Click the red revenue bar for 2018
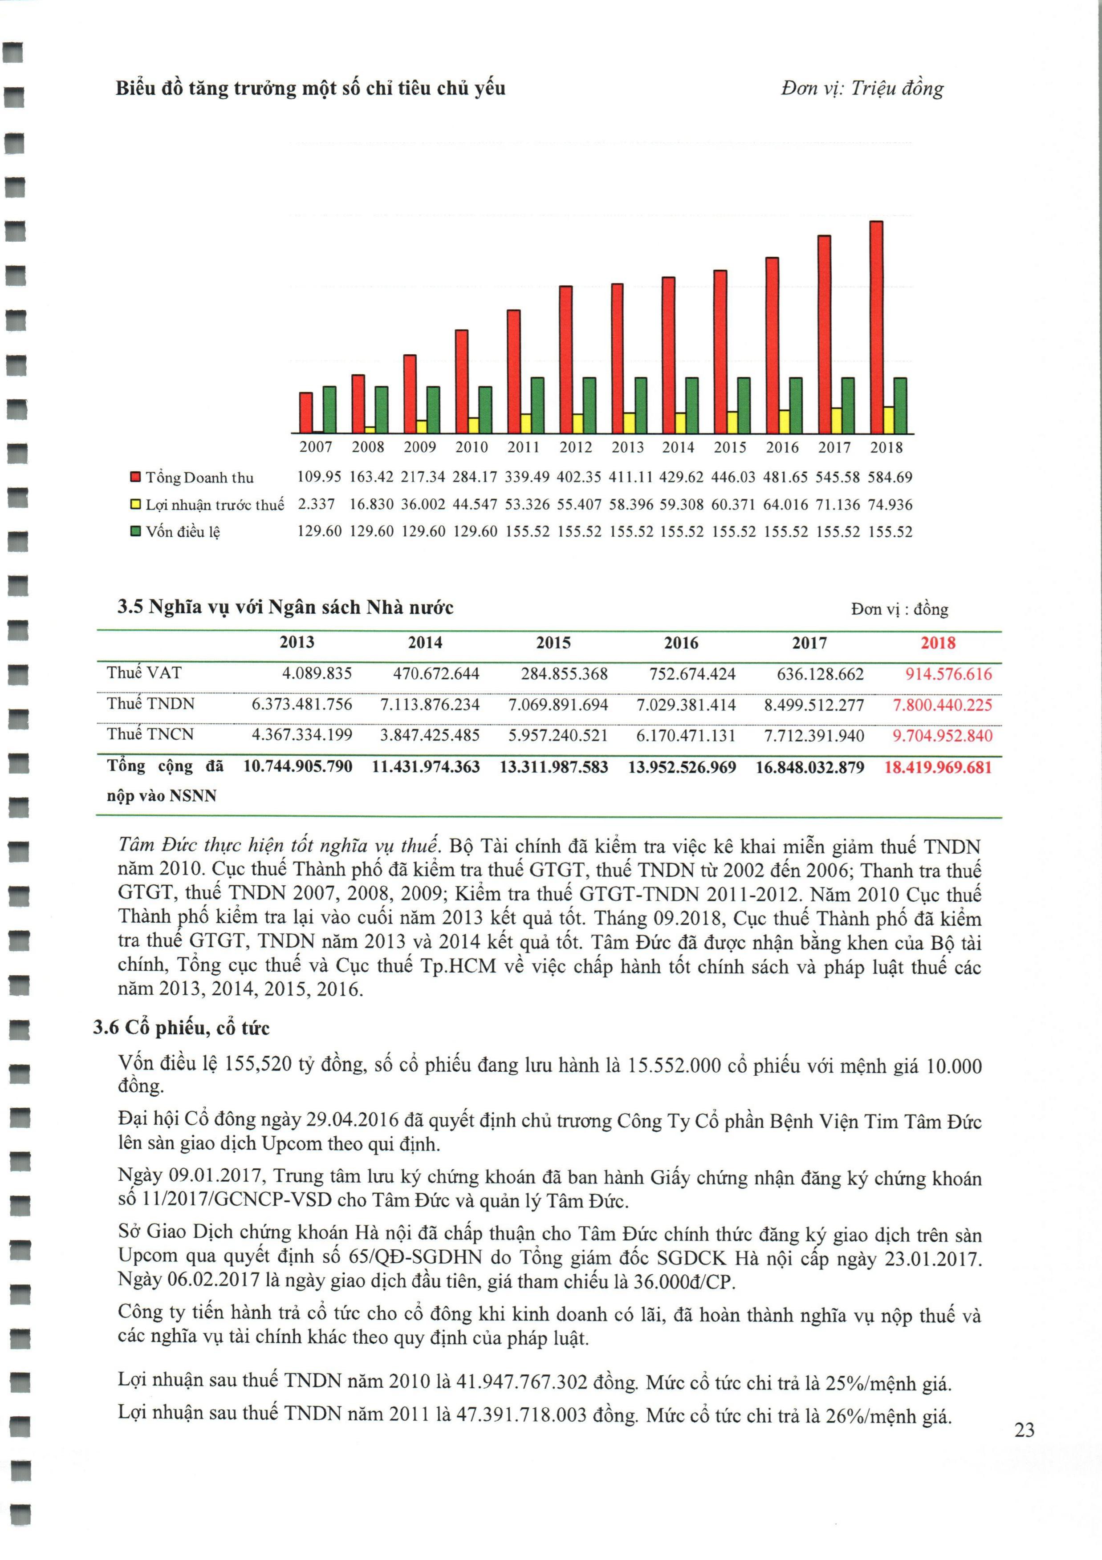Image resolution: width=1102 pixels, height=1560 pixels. coord(876,326)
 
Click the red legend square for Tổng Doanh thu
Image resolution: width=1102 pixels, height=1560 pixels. coord(135,477)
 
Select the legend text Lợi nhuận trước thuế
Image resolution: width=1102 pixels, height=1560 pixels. coord(215,505)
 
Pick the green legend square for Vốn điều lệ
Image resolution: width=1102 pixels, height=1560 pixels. coord(135,531)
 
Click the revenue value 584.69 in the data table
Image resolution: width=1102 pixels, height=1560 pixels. coord(890,477)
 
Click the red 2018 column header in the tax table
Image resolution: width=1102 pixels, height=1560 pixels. coord(938,643)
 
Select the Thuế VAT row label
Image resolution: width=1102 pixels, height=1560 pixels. coord(144,673)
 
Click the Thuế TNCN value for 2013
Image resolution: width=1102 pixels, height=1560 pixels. coord(302,736)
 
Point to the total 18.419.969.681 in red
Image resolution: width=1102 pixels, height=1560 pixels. coord(938,768)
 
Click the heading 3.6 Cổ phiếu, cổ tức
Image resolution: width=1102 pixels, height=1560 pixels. coord(182,1028)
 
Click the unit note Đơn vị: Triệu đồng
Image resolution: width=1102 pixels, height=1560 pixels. coord(862,88)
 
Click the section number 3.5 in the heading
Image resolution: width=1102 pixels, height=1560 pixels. coord(130,607)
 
